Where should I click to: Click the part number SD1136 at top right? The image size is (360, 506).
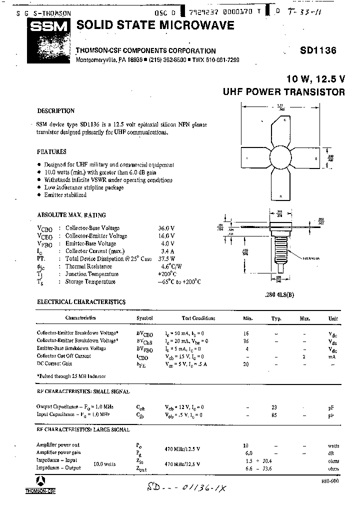click(x=318, y=50)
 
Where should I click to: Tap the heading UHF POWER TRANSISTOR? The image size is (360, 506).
click(x=283, y=92)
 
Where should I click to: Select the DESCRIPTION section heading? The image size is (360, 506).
click(x=55, y=111)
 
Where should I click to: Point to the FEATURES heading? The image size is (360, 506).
click(x=51, y=151)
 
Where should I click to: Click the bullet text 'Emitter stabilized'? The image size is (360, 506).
click(x=65, y=195)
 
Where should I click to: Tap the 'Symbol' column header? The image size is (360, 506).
click(x=144, y=318)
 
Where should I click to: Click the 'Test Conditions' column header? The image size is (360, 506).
click(x=198, y=318)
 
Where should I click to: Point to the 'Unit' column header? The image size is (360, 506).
click(x=332, y=318)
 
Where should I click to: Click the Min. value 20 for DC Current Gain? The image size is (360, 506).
click(x=246, y=364)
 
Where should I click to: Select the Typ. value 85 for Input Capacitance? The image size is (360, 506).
click(x=274, y=415)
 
